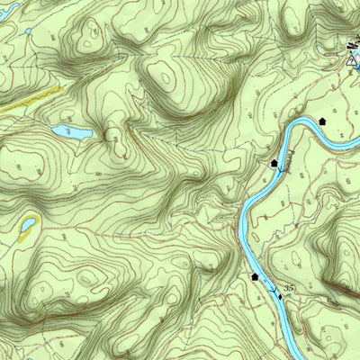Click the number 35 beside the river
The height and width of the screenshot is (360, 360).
(288, 287)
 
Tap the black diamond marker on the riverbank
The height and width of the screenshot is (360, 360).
(280, 295)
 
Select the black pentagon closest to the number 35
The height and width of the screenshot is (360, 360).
(256, 277)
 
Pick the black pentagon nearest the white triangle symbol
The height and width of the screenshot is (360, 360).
(322, 120)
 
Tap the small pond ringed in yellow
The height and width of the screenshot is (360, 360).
(29, 222)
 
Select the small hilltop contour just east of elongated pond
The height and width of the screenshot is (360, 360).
(114, 135)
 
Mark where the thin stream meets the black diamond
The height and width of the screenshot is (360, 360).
(282, 297)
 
